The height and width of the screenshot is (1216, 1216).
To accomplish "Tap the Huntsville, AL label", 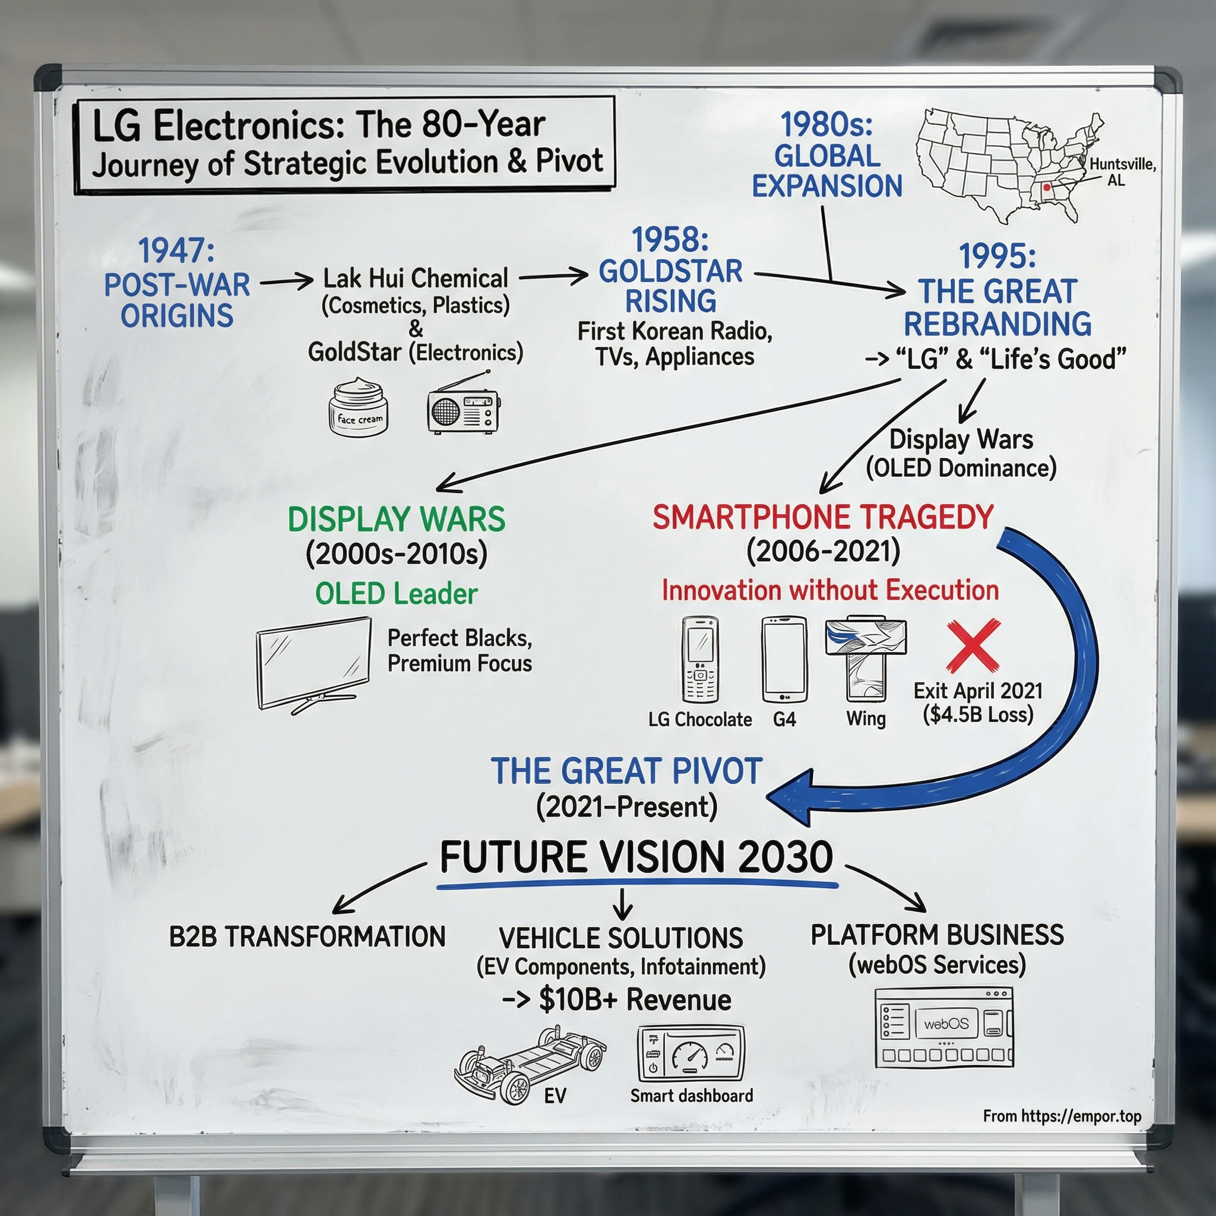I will pos(1122,172).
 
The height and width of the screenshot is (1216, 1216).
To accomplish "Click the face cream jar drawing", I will pos(359,407).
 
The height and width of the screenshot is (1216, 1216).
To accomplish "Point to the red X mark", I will pos(973,646).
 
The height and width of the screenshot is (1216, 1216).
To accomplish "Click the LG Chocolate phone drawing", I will pos(700,659).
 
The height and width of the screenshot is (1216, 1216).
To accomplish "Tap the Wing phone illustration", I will pos(866,658).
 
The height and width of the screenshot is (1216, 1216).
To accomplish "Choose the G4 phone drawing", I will pos(784,659).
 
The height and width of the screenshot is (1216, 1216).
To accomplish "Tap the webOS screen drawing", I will pos(944,1028).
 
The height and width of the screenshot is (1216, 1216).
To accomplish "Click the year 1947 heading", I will pos(176,251).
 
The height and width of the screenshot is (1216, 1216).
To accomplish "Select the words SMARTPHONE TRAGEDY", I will pos(822,517).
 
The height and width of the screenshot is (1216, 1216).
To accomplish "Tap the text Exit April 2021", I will pos(978,691).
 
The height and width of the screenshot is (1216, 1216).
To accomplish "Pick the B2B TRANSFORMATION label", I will pos(307,936).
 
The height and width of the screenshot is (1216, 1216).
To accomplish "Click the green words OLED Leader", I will pos(397,594).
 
